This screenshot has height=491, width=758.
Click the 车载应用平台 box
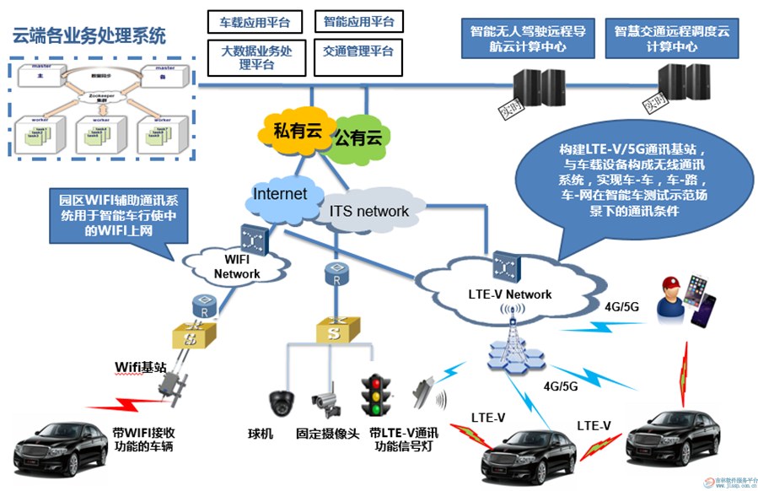255,21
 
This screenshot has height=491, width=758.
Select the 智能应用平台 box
357,21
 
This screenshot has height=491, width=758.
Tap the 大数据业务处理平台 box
255,57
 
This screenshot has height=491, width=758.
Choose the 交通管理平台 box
357,51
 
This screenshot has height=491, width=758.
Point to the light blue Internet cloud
280,195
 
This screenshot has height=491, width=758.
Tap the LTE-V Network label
509,294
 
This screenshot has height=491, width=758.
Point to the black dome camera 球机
280,402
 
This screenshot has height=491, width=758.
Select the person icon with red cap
674,296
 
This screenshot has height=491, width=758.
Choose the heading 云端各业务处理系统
89,36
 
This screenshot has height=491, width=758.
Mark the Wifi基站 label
141,366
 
